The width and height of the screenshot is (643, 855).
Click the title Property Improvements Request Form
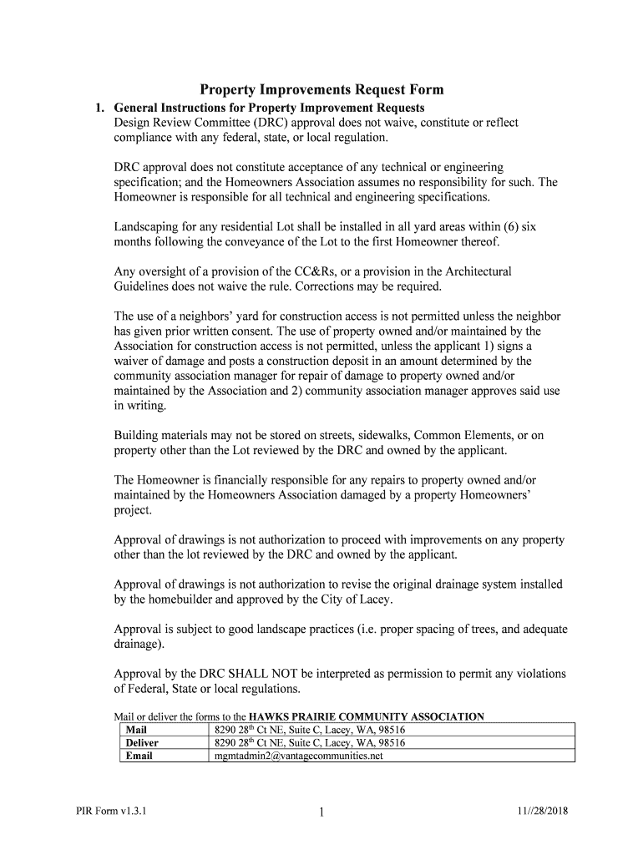pyautogui.click(x=321, y=90)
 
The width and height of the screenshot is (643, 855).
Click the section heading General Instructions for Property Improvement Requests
pyautogui.click(x=269, y=109)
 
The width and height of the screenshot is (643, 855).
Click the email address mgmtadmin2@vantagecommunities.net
pyautogui.click(x=298, y=756)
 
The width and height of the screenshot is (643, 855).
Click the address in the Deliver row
pyautogui.click(x=310, y=742)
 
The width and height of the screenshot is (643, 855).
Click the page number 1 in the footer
pyautogui.click(x=321, y=812)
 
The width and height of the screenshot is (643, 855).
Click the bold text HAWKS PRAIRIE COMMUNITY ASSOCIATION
pyautogui.click(x=367, y=716)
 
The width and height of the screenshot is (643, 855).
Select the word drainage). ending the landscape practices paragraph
pyautogui.click(x=139, y=645)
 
